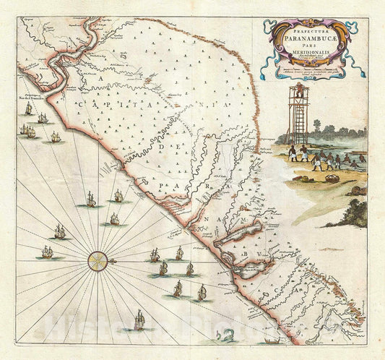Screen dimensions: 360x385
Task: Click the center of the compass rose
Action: coord(98,259)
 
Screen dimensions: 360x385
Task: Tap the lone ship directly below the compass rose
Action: coord(139,319)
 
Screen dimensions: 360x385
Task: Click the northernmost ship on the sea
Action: coord(29,109)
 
